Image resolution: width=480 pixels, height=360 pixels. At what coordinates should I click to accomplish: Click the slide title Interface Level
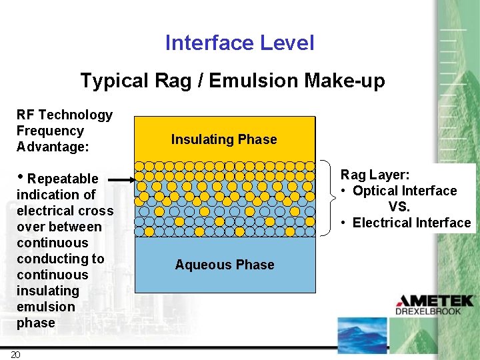pos(239,43)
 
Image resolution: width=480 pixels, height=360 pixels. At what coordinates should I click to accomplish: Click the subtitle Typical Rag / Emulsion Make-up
pos(233,81)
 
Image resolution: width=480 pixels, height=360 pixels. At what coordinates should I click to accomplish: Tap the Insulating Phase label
pos(224,139)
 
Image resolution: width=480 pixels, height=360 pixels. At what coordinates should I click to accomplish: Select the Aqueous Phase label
pos(225,265)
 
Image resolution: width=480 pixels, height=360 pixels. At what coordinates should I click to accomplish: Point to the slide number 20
pos(16,354)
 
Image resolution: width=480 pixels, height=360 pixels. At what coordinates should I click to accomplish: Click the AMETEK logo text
pos(436,301)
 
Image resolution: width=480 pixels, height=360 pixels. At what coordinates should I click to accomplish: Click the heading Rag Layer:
pos(375,175)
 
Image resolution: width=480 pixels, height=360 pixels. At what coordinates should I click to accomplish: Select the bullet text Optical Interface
pos(405,191)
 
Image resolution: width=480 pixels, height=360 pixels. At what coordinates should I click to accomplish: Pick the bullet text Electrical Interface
pos(411,223)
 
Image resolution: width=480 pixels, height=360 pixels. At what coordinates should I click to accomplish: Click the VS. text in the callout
pos(399,207)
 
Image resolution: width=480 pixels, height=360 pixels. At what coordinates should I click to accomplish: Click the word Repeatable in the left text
pos(63,179)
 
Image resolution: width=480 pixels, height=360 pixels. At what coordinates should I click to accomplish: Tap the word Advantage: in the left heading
pos(53,147)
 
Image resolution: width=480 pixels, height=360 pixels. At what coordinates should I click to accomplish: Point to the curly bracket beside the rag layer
pos(326,198)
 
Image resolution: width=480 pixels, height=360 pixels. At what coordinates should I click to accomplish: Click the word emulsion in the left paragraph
pos(46,307)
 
